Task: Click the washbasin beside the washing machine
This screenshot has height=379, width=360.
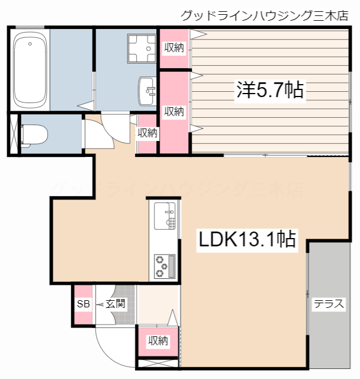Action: click(146, 91)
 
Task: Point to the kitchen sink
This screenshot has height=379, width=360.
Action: click(165, 216)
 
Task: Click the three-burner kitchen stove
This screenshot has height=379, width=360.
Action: click(165, 266)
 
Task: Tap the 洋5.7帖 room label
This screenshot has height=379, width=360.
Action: click(270, 90)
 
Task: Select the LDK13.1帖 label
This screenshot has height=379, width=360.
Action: click(247, 239)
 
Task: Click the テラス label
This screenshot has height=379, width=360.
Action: click(329, 304)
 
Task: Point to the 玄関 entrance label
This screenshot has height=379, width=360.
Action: click(115, 304)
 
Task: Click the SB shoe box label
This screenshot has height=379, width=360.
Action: click(83, 304)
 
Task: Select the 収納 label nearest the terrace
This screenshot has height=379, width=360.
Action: click(158, 341)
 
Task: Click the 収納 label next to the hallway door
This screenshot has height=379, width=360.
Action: click(148, 133)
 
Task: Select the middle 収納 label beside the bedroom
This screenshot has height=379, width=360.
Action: click(174, 111)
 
